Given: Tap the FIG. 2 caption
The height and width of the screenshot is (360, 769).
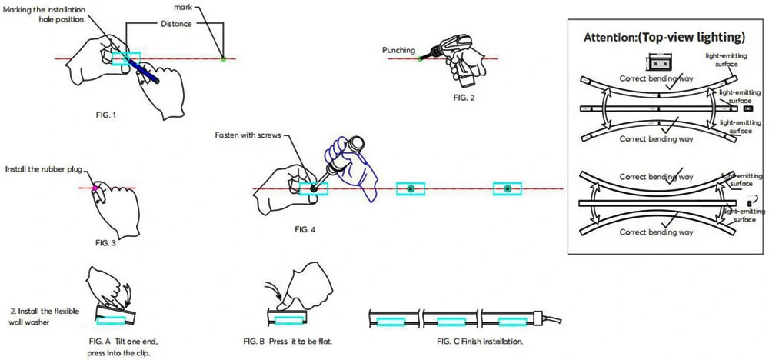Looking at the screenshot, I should point(464,98).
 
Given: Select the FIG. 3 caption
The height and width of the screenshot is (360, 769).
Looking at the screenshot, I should point(105,243).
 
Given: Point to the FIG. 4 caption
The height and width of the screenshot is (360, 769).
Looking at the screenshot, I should point(305,229).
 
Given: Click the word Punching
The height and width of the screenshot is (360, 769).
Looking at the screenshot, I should point(398,51).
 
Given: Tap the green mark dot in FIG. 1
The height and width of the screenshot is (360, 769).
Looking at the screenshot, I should point(223,58).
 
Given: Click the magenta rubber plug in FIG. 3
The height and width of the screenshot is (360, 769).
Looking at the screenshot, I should point(95,187).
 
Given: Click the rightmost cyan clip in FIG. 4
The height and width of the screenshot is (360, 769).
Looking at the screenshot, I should point(507,188).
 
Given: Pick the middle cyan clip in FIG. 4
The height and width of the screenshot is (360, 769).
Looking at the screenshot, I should point(411,188).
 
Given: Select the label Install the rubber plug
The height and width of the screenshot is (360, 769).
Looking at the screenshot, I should point(42,168).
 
